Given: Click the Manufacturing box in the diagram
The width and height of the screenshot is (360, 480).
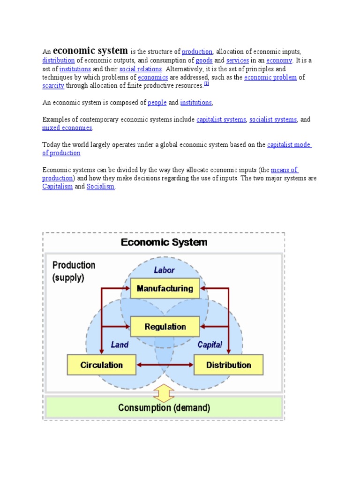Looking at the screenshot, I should coord(165,289).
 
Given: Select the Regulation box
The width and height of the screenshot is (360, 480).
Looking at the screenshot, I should coord(165,327).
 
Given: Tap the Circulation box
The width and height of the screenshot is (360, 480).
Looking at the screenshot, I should coord(101,365).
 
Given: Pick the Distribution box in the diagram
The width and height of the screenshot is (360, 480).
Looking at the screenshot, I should coord(228,365).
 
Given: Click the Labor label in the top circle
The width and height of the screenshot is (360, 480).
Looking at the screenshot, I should coord(165,270).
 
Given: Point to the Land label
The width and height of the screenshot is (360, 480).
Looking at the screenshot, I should coord(120,345).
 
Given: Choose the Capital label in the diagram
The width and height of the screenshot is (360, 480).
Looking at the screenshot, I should coord(210,345).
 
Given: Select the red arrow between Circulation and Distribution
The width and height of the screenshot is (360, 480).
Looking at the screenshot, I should coord(165,365).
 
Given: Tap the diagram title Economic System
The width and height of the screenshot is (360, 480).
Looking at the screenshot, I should coord(164,243).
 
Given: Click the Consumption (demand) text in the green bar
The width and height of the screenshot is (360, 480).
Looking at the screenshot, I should coord(164,408).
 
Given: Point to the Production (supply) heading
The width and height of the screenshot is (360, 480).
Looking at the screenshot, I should coord(74,271).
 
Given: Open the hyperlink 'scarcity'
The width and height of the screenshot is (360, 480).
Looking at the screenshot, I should coord(53,86).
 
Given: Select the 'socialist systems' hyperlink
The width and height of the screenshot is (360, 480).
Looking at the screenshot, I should coord(273,120).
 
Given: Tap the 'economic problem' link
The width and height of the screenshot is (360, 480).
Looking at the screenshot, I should coord(270,77).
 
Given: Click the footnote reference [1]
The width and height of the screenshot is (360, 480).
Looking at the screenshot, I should coord(206,84).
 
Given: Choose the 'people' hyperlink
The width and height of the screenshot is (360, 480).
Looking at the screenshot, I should coord(157,103).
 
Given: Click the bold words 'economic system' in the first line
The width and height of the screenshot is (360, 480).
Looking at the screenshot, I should coord(90,51).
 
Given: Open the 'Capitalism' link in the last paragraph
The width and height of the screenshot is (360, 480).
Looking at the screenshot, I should coord(58,187).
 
